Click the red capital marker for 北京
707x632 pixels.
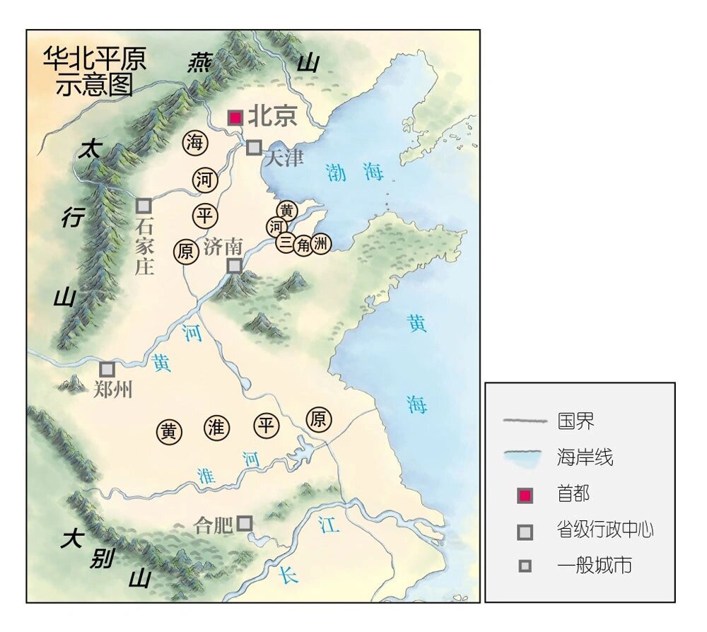click(x=235, y=117)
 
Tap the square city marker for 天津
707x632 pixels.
click(x=254, y=148)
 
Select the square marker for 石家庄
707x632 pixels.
click(x=144, y=206)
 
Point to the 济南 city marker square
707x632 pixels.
click(x=234, y=266)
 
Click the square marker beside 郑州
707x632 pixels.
click(x=107, y=369)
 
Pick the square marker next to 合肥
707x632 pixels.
click(x=245, y=523)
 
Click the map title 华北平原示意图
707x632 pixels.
click(x=95, y=71)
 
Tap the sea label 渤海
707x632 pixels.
click(x=355, y=172)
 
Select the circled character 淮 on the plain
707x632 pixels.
click(x=216, y=427)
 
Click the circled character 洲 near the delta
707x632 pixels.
click(x=321, y=245)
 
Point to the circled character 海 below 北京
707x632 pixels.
click(x=194, y=144)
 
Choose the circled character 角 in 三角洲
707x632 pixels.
click(x=303, y=245)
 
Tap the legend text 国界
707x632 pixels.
click(x=575, y=421)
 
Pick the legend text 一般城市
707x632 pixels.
click(x=594, y=566)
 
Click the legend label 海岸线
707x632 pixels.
click(x=585, y=457)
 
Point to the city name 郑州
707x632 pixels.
click(x=112, y=390)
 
